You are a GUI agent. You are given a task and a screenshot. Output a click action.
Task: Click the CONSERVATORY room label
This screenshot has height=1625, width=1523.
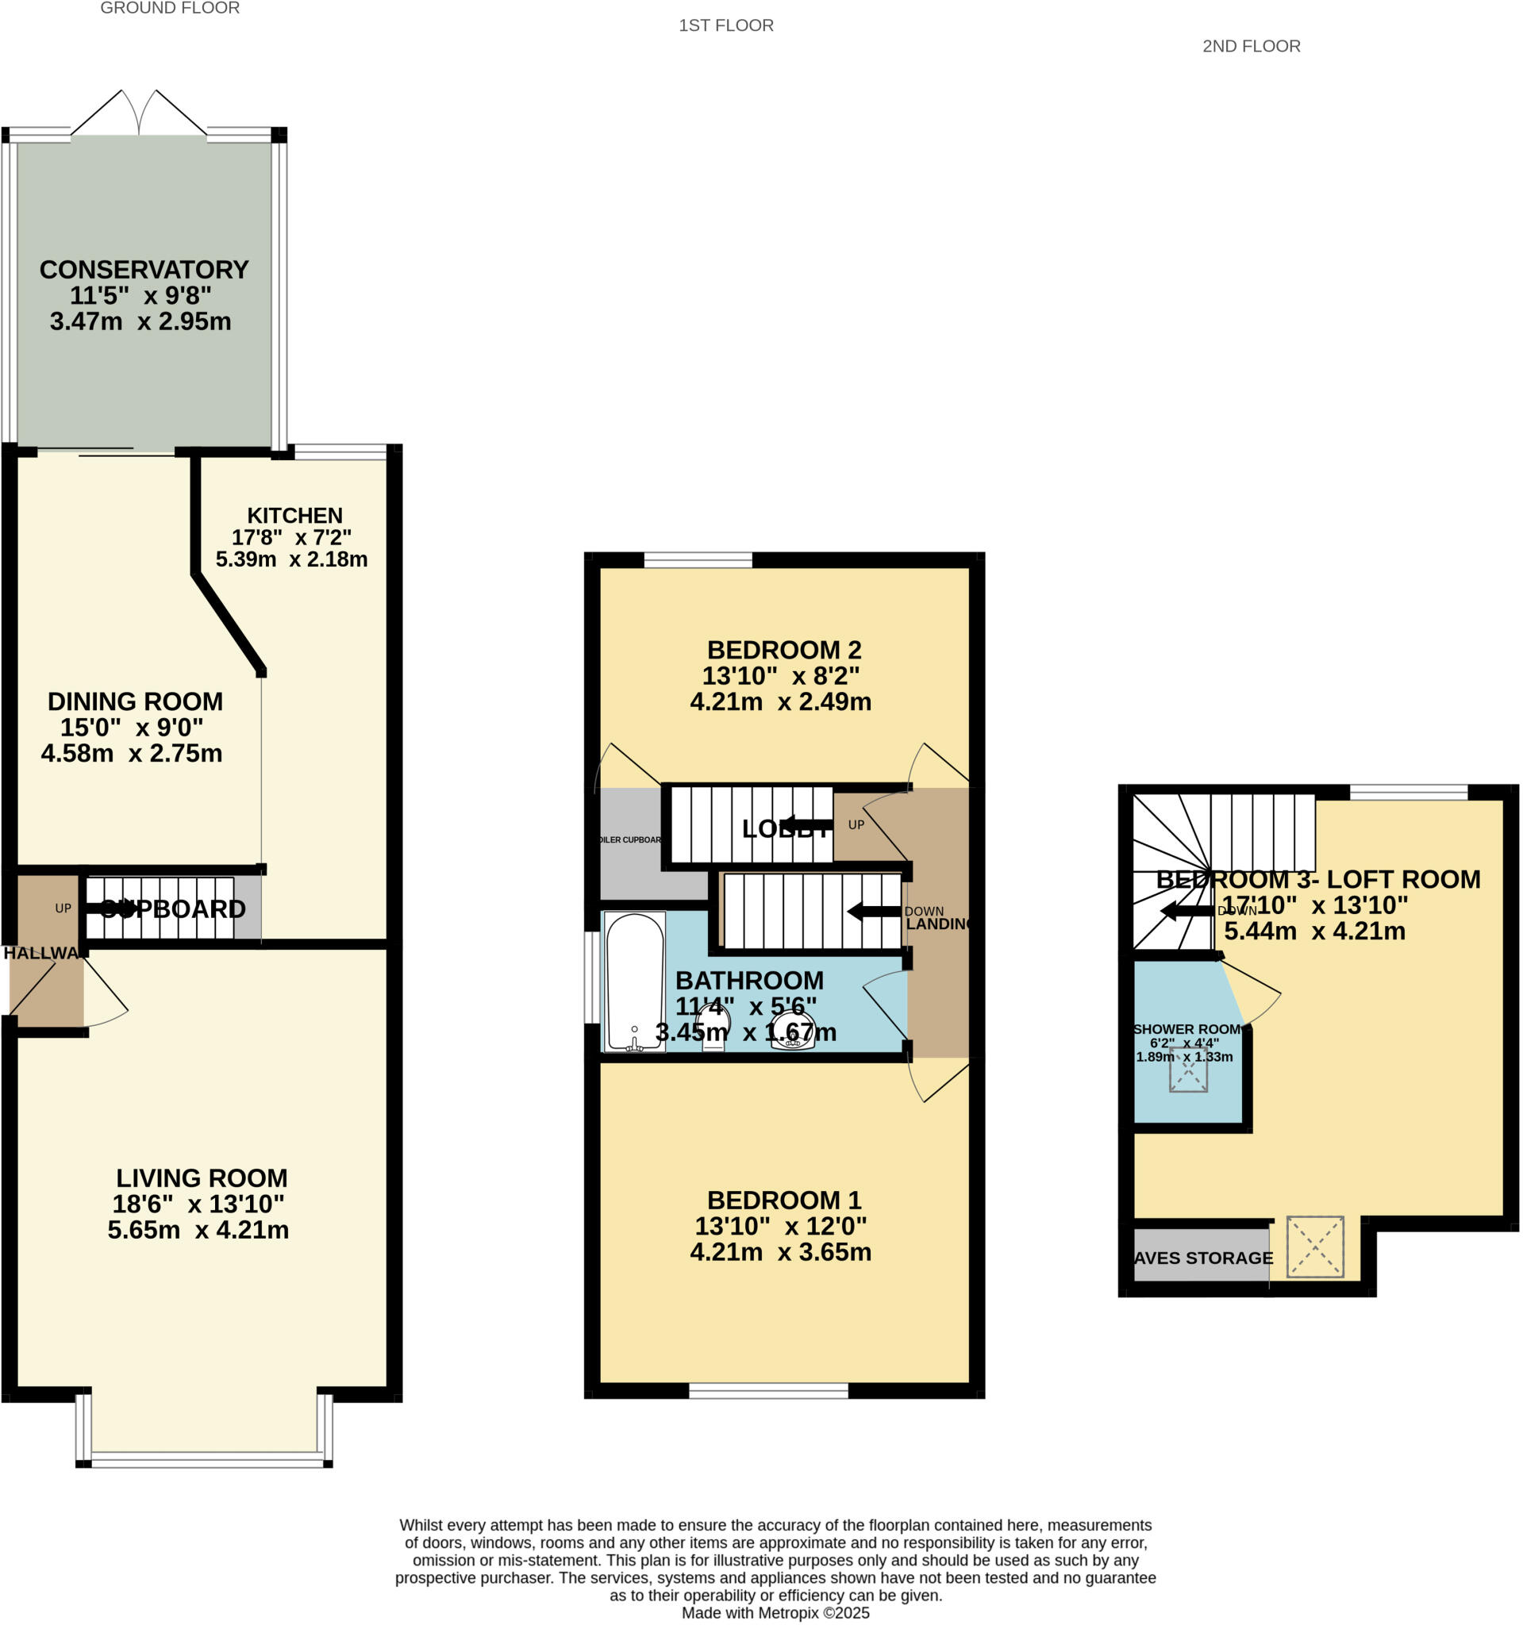pos(144,270)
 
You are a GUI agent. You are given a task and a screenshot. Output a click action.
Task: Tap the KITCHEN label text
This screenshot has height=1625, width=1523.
pos(294,516)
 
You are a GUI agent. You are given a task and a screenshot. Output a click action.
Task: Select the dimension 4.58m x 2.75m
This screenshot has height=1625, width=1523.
pos(132,754)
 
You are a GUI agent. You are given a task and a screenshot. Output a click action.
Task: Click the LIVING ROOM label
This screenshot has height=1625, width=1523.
pos(201,1177)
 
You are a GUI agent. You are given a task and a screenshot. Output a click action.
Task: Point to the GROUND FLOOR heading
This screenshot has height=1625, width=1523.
pos(170,9)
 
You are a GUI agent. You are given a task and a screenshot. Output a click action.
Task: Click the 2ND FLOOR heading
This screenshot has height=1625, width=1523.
pos(1251,47)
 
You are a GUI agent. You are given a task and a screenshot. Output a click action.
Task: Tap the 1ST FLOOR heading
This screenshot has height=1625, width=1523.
pos(726,26)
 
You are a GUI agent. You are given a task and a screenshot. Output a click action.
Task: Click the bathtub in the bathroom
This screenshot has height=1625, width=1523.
pos(634,980)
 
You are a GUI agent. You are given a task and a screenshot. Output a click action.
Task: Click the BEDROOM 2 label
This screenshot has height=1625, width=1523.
pos(784,650)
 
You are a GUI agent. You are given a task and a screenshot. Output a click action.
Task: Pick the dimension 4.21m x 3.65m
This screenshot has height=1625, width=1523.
pos(780,1252)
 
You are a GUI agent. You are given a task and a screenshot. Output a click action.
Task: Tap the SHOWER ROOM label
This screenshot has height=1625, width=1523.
pos(1186,1029)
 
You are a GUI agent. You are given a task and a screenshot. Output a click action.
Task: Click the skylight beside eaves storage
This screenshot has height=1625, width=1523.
pos(1314,1247)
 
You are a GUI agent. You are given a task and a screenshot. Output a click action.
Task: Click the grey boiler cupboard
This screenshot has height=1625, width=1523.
pos(629,842)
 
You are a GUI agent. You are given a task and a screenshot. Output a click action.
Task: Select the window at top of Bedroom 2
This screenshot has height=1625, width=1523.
pos(698,560)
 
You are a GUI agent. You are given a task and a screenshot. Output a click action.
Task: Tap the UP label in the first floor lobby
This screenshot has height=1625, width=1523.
pos(855,824)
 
